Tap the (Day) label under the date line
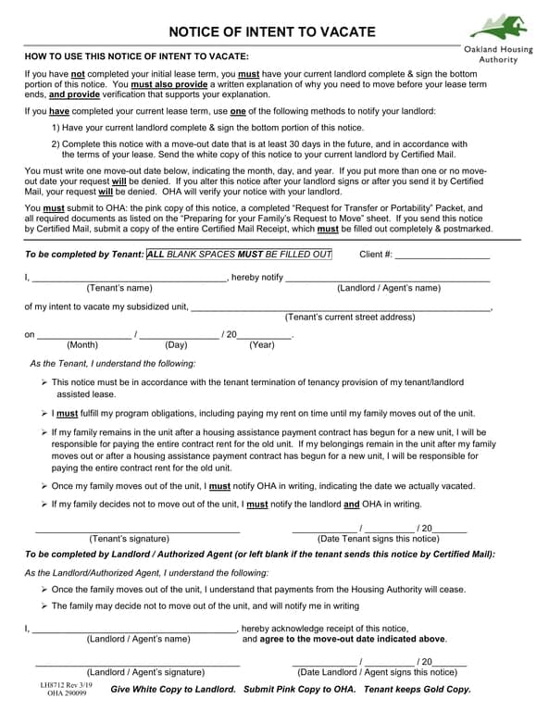[x=176, y=344]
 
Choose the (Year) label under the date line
[x=262, y=344]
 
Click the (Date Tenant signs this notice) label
[x=378, y=538]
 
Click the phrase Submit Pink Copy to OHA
[x=299, y=690]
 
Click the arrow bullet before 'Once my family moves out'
[x=45, y=486]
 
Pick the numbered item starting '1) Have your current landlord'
[x=207, y=128]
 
